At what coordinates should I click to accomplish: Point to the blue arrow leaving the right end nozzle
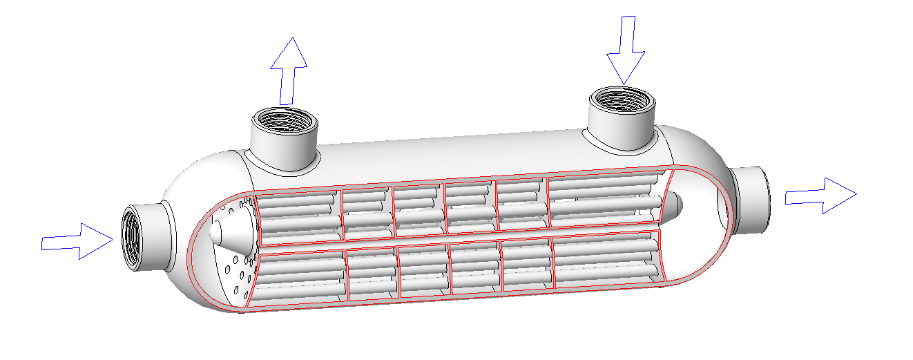pyautogui.click(x=821, y=196)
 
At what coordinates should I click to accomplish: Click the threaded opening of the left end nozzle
pyautogui.click(x=132, y=238)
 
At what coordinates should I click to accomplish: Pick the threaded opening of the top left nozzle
pyautogui.click(x=285, y=126)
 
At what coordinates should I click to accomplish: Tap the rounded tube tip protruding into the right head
pyautogui.click(x=673, y=205)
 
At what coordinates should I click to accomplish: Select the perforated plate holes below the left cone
pyautogui.click(x=236, y=273)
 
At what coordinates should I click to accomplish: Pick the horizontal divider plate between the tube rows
pyautogui.click(x=456, y=239)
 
